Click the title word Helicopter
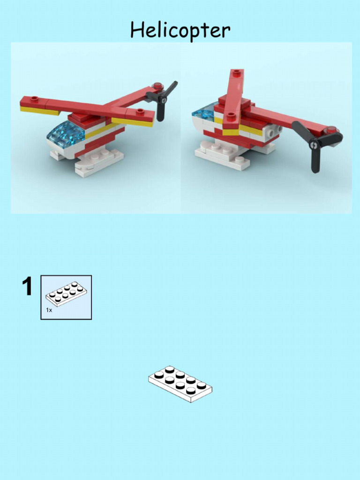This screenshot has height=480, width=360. pos(180,31)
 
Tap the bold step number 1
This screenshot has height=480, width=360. pos(28,287)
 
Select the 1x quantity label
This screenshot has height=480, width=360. pos(49,310)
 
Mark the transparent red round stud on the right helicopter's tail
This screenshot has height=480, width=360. pos(332,130)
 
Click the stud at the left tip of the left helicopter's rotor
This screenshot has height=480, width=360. pos(34,99)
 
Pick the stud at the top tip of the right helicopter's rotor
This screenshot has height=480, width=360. pos(237,73)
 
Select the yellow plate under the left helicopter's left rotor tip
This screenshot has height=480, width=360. pos(39,111)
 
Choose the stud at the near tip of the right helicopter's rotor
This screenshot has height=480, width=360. pos(231,116)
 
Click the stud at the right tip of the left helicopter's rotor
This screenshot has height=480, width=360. pos(140,112)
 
